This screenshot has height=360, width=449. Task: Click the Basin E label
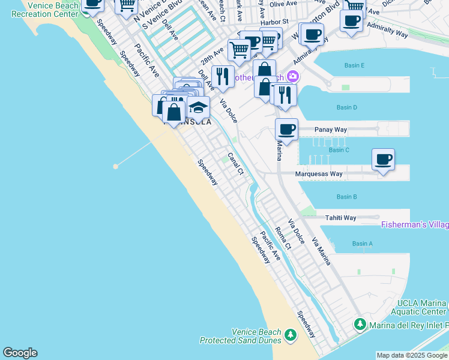(x=354, y=65)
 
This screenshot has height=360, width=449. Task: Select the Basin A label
(x=362, y=244)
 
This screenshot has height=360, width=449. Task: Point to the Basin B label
(x=346, y=197)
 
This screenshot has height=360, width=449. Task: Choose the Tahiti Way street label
(x=340, y=218)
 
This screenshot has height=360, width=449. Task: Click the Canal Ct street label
(x=236, y=164)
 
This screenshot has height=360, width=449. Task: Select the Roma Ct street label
(x=283, y=238)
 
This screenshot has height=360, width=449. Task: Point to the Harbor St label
(x=276, y=22)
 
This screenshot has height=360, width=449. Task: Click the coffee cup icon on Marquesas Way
(x=383, y=160)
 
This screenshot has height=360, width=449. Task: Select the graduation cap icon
(x=197, y=108)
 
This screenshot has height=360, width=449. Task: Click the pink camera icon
(x=293, y=76)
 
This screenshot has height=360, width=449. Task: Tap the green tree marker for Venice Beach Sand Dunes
(x=291, y=334)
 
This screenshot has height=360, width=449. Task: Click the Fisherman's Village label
(x=415, y=225)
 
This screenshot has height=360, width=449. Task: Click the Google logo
(x=20, y=353)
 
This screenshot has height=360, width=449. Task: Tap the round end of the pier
(x=115, y=166)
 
